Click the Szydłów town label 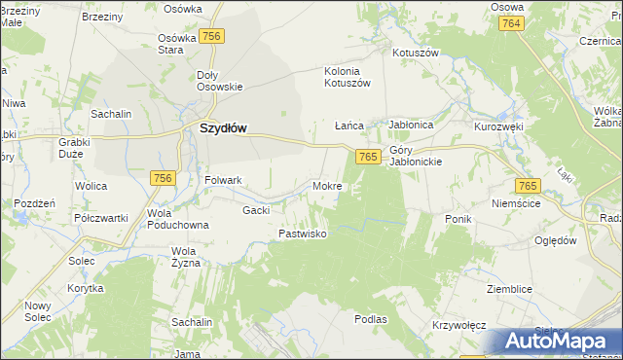223,127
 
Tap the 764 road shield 513,22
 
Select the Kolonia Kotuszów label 348,77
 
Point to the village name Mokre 326,185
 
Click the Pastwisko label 303,234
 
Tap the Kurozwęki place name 499,127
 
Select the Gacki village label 256,209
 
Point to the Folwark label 223,180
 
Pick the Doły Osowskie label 219,81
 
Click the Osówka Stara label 178,43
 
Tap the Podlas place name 371,318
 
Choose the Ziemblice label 512,289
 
